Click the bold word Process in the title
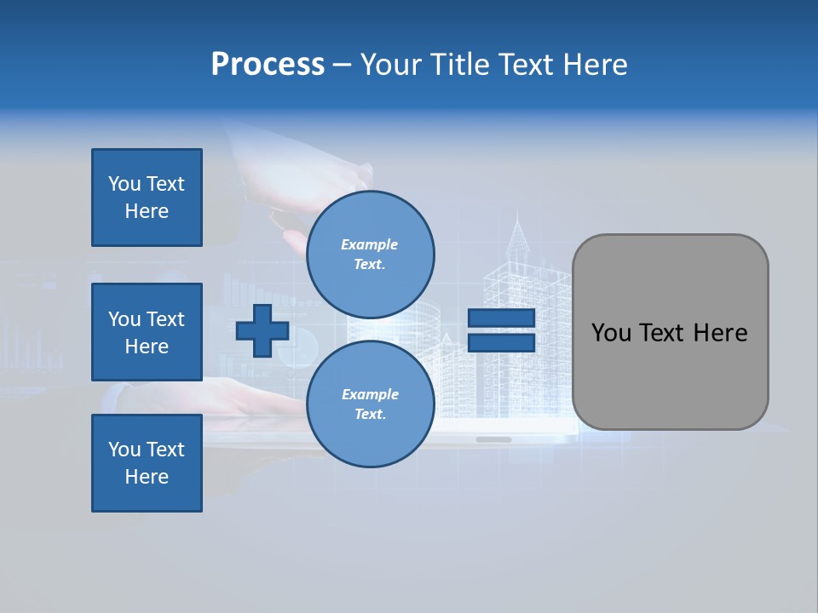[x=268, y=65]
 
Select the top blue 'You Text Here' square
[x=147, y=198]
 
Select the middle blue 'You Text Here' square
[x=147, y=332]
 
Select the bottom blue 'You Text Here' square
[x=147, y=463]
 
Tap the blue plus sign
[x=262, y=330]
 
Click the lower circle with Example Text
[x=370, y=404]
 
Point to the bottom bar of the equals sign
[x=501, y=342]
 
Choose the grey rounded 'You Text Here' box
[x=670, y=332]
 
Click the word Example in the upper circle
[x=370, y=245]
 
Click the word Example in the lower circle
[x=370, y=394]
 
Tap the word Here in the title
[x=595, y=65]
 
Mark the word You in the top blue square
[x=124, y=184]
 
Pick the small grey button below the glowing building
[x=493, y=439]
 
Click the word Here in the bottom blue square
[x=147, y=477]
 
